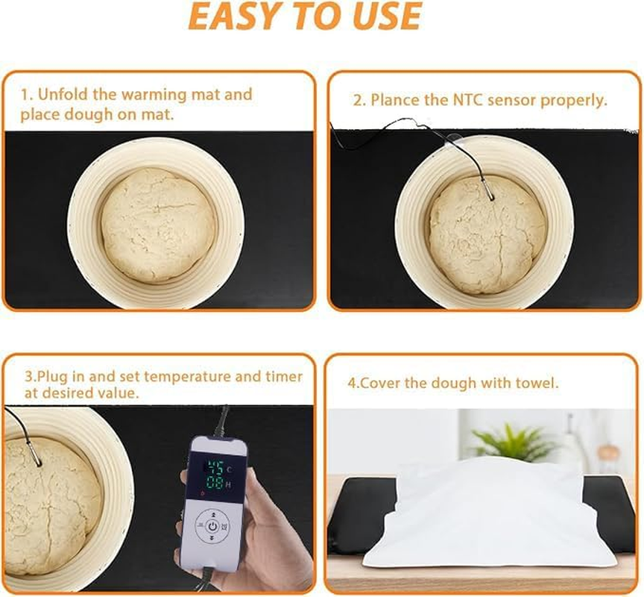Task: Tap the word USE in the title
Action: [x=386, y=16]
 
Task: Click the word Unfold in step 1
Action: [x=63, y=95]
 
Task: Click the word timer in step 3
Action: [x=284, y=377]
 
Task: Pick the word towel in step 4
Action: [x=539, y=384]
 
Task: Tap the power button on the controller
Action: [x=213, y=525]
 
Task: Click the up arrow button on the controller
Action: [x=214, y=513]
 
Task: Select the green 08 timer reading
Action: [x=215, y=484]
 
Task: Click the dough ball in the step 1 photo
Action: [x=157, y=223]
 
